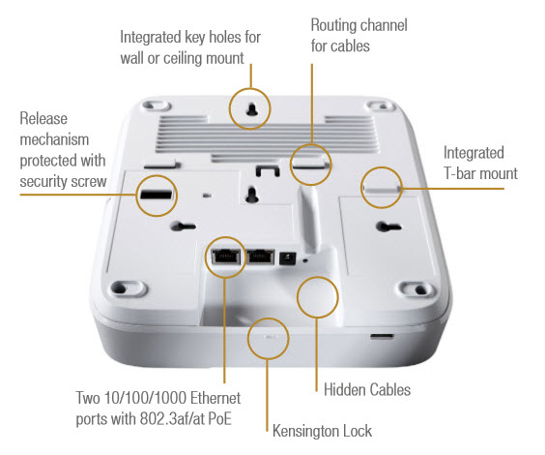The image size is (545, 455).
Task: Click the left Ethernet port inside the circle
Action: [224, 257]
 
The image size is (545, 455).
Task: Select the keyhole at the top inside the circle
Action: [251, 112]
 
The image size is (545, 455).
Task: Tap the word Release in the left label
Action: [43, 119]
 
